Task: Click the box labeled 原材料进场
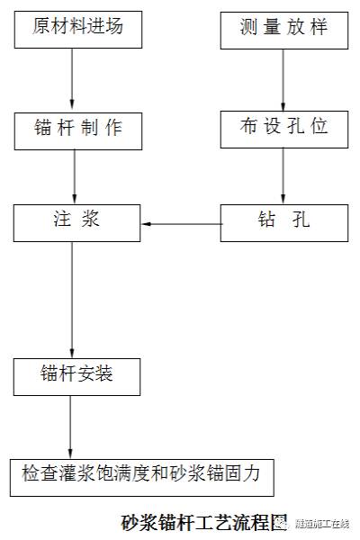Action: [77, 28]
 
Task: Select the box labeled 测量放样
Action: [283, 28]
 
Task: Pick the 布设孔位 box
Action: [283, 129]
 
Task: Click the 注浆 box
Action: [77, 221]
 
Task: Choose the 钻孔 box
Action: [283, 221]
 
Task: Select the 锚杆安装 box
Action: [77, 375]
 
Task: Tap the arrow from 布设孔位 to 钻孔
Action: [283, 175]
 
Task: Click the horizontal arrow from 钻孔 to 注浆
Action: [181, 222]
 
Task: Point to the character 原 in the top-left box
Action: [41, 28]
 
